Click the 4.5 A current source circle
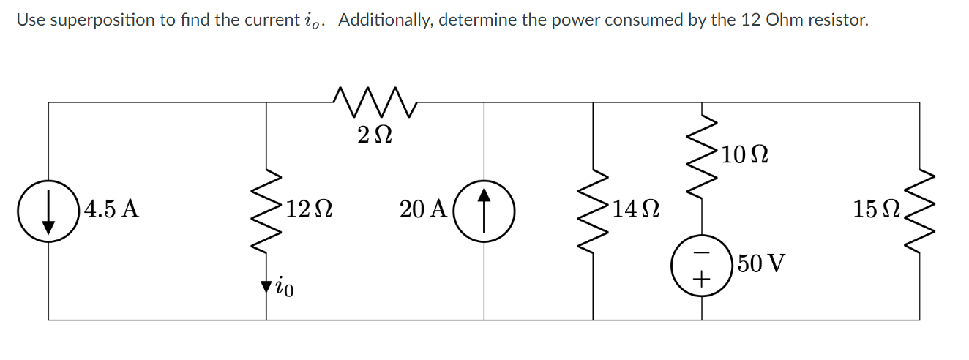48,210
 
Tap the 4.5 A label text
111,210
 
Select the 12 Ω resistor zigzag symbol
266,210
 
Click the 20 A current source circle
484,210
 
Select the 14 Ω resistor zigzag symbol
593,210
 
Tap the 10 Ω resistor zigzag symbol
703,155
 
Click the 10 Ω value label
744,155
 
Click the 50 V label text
761,263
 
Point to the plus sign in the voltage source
703,278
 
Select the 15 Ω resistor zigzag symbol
920,210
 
